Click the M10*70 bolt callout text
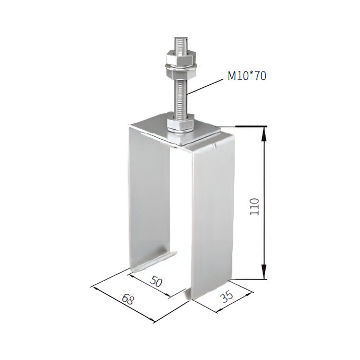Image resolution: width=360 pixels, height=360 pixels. (x=247, y=76)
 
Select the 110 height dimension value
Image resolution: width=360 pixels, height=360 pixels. (x=255, y=206)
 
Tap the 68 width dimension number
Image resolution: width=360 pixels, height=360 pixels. (x=128, y=299)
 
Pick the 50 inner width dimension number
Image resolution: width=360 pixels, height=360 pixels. (x=156, y=282)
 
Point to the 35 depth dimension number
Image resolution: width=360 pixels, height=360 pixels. (x=227, y=297)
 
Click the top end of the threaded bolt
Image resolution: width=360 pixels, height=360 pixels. (x=182, y=38)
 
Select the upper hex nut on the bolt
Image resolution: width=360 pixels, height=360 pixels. (x=181, y=58)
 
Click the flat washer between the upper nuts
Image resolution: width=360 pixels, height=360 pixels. (x=181, y=67)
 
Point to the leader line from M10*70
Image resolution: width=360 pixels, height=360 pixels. (x=205, y=86)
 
